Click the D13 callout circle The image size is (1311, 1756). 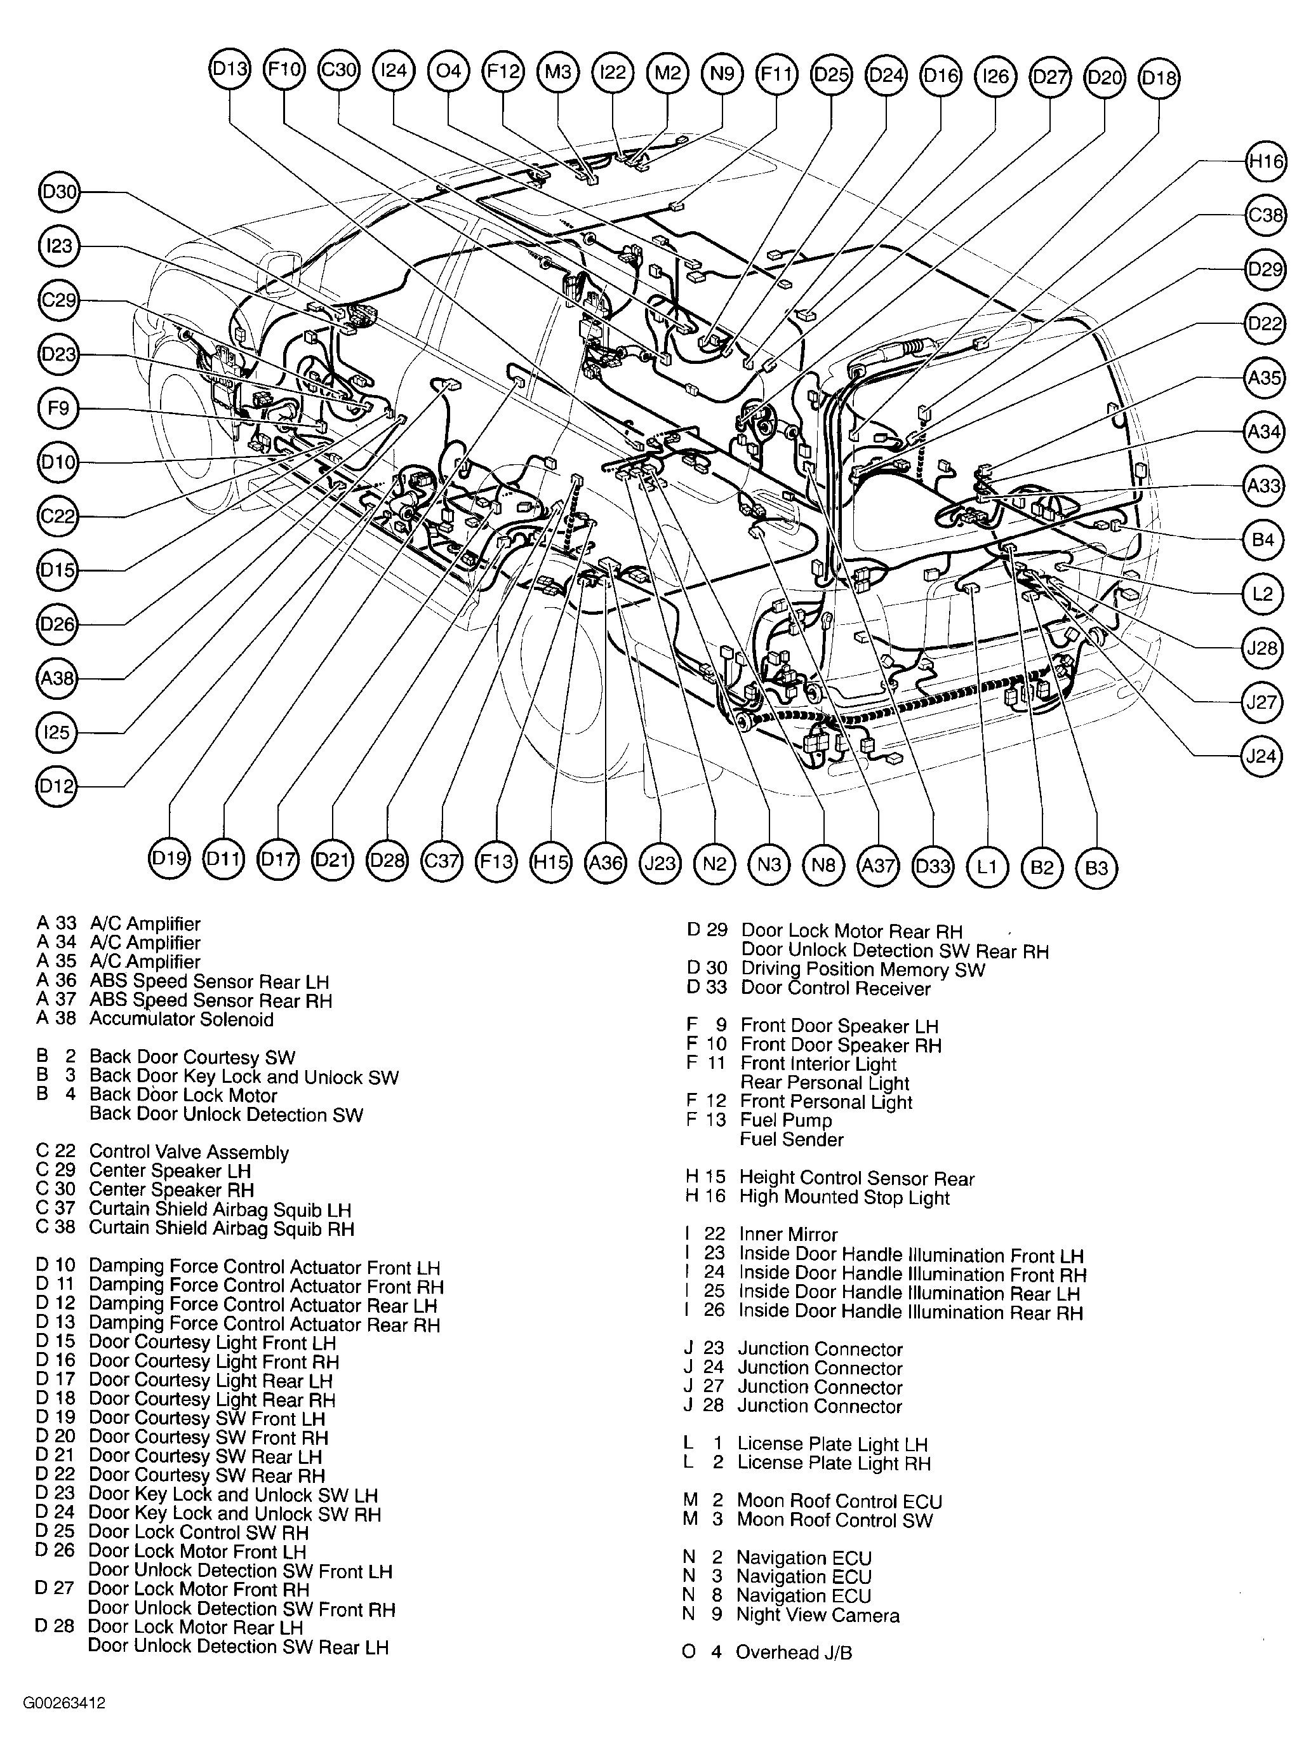pos(230,70)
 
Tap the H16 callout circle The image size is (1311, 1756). pos(1265,162)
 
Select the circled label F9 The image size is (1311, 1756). pos(58,409)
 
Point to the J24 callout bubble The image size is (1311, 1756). pos(1261,756)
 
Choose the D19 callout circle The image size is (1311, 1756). pos(169,858)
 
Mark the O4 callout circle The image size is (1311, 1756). pos(448,70)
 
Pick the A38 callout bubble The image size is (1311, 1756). pos(57,678)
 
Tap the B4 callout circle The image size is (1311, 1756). pos(1262,540)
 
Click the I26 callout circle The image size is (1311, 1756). pos(995,76)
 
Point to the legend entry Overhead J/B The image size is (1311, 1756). pos(793,1652)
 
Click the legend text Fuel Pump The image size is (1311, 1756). pos(786,1120)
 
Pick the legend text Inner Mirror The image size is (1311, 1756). pos(787,1235)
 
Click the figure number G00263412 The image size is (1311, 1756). pos(64,1703)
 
